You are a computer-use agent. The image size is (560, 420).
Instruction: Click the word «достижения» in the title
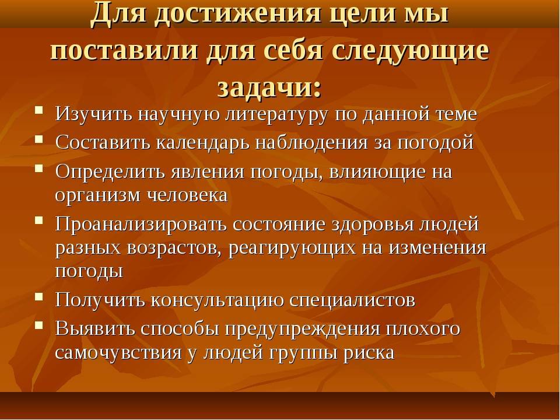[240, 14]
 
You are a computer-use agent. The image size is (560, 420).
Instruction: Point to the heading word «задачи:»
[269, 87]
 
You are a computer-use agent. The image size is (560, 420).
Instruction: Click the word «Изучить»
[94, 114]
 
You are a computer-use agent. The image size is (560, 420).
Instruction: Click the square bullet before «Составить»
[39, 139]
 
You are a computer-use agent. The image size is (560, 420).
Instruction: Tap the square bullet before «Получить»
[39, 296]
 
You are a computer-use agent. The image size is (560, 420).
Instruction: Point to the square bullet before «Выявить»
[39, 325]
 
